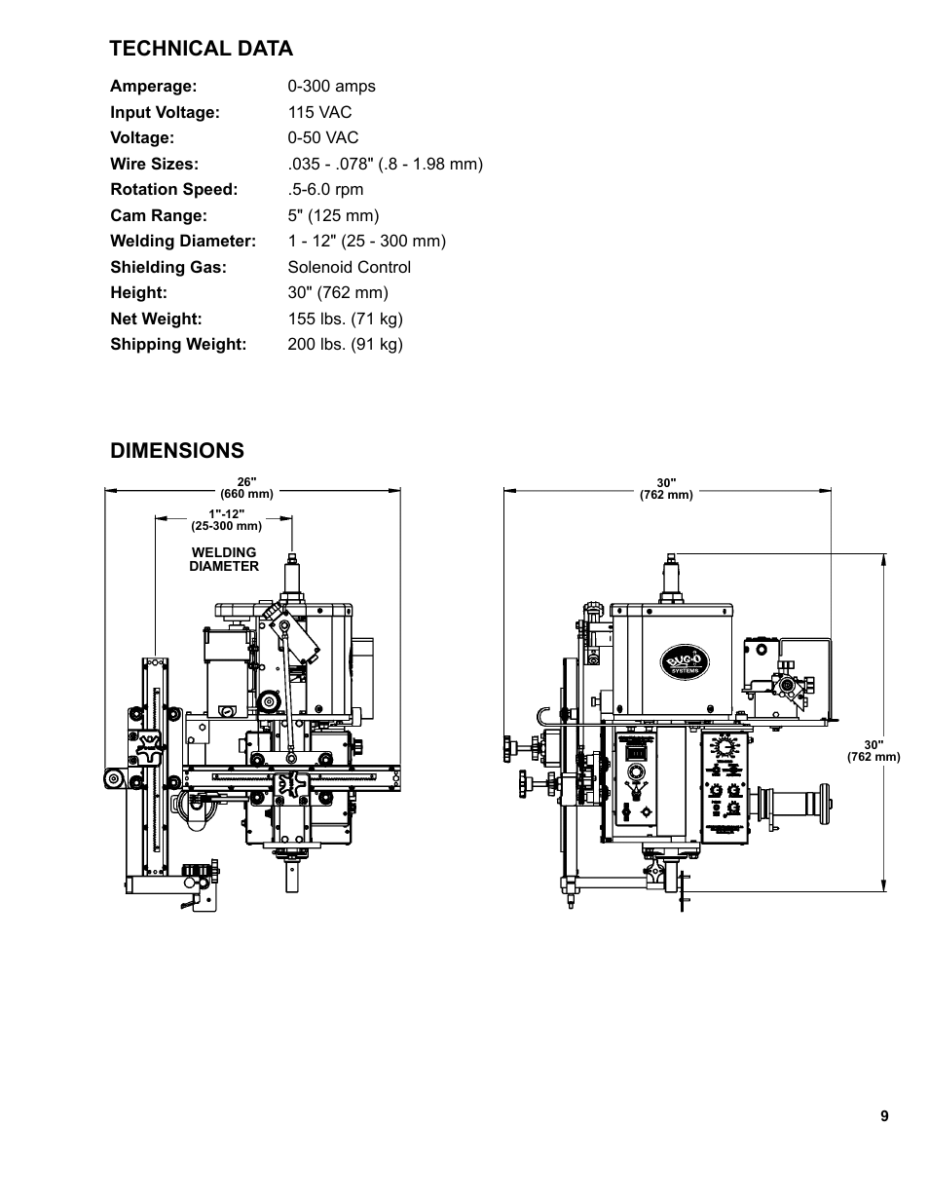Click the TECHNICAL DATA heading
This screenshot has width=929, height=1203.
tap(201, 49)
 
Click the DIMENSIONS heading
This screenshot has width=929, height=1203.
tap(177, 450)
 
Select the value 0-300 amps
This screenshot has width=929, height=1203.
tap(331, 86)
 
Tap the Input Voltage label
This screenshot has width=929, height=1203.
tap(165, 112)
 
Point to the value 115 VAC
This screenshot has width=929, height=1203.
tap(319, 112)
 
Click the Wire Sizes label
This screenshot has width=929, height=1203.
tap(154, 164)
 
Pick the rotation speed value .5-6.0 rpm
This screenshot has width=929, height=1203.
tap(325, 189)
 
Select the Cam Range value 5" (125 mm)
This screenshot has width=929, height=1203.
tap(333, 215)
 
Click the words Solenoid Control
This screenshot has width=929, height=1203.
tap(349, 267)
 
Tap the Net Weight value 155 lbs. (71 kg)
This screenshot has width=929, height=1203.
tap(345, 319)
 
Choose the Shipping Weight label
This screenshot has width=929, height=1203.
tap(178, 344)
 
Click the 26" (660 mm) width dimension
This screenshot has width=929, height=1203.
tap(246, 487)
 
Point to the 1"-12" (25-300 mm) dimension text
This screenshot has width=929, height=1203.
tap(226, 519)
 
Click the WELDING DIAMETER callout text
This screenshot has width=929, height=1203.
tap(224, 559)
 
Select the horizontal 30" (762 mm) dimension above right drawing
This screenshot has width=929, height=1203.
tap(666, 488)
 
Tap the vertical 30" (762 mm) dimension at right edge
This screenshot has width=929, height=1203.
tap(873, 750)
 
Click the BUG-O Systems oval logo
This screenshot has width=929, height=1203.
tap(687, 662)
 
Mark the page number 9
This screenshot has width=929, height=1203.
tap(884, 1116)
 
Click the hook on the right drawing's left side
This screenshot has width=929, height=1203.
tap(545, 716)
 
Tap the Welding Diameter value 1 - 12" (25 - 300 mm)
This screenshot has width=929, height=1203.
tap(366, 241)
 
